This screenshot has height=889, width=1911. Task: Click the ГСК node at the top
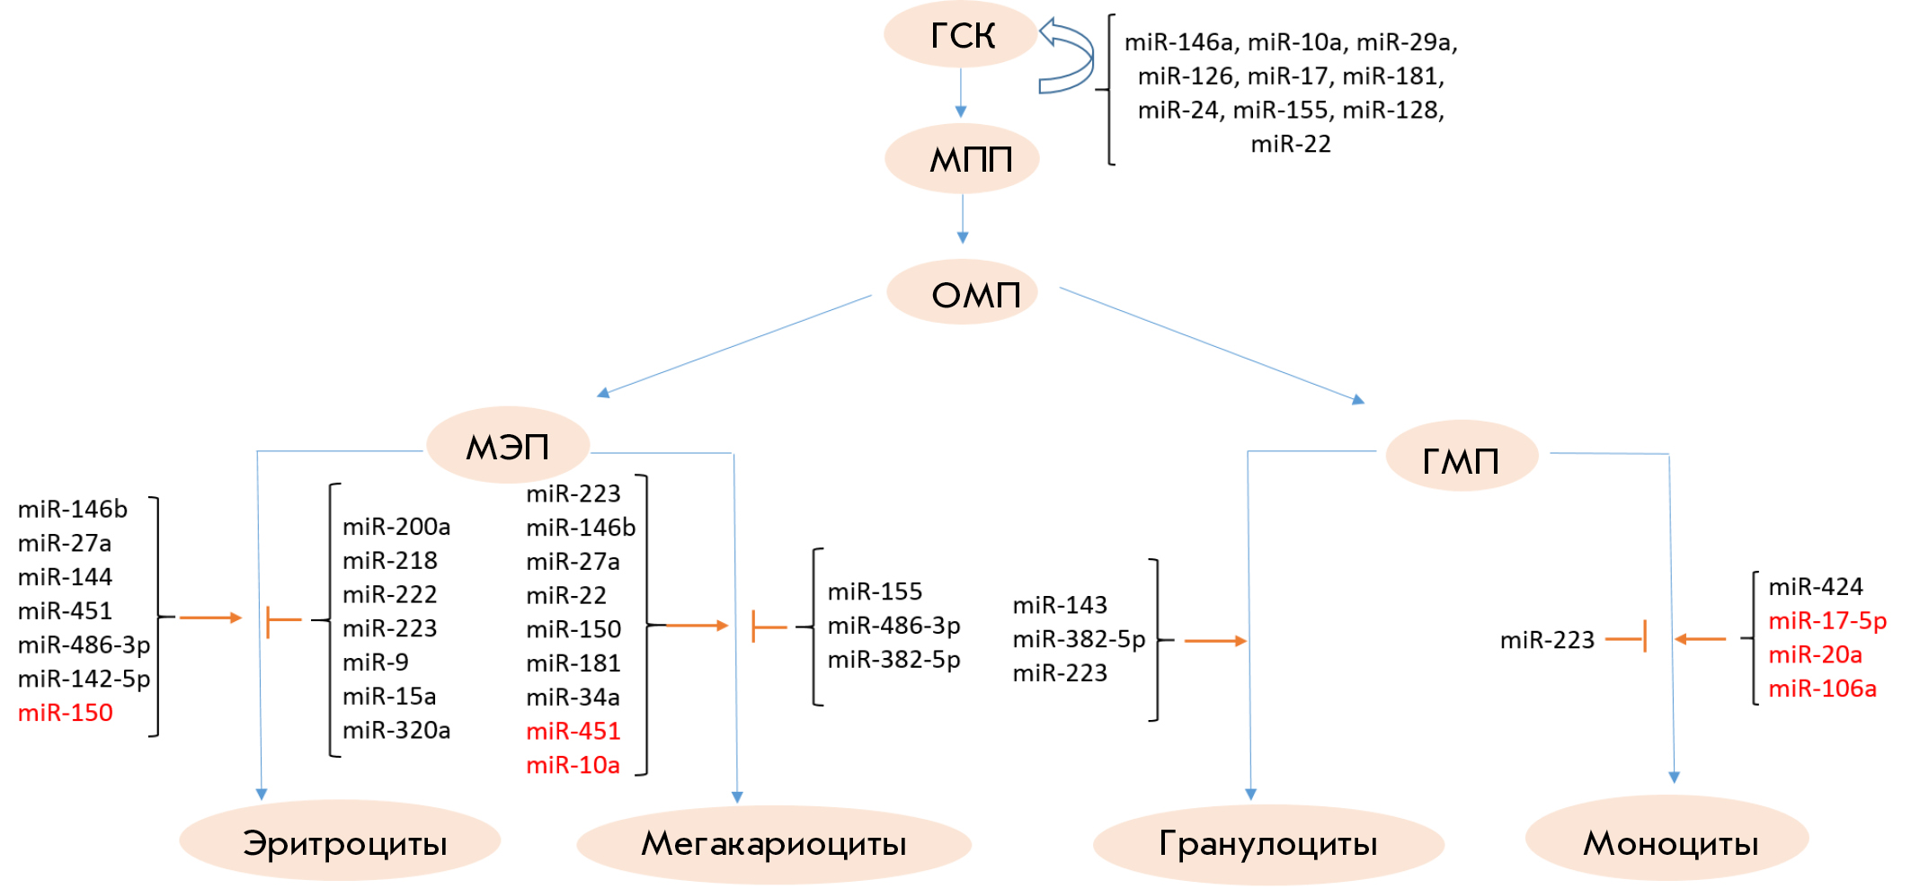click(961, 34)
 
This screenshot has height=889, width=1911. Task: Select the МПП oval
click(962, 158)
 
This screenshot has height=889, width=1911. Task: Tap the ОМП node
click(962, 292)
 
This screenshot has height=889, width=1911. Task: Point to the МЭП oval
click(508, 445)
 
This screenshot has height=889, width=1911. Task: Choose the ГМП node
click(1462, 456)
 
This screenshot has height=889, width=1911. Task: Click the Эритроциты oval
click(340, 840)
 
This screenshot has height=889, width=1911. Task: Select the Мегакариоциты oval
click(774, 844)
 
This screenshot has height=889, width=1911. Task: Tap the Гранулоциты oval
click(1268, 844)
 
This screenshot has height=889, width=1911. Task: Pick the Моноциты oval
click(1667, 839)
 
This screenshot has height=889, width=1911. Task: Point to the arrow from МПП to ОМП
click(963, 218)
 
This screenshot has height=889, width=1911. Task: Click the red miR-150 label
click(66, 713)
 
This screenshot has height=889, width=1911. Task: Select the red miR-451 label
click(573, 731)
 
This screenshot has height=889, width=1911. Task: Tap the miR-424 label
click(1816, 587)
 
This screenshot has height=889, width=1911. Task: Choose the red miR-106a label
click(1822, 689)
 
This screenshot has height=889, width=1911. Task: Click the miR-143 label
click(1060, 605)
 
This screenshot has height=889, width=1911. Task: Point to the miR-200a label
click(396, 527)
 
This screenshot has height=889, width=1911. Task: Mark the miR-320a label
click(396, 730)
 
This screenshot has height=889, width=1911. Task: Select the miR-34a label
click(573, 697)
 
